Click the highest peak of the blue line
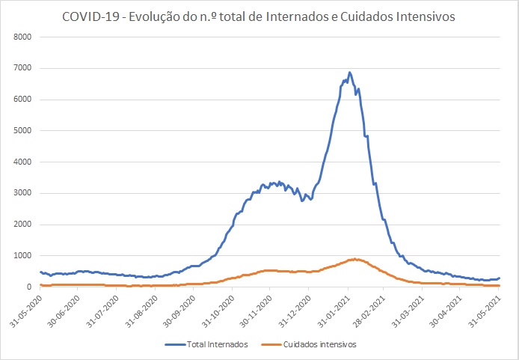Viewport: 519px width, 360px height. [x=349, y=73]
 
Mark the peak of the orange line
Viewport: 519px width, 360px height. [x=356, y=259]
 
